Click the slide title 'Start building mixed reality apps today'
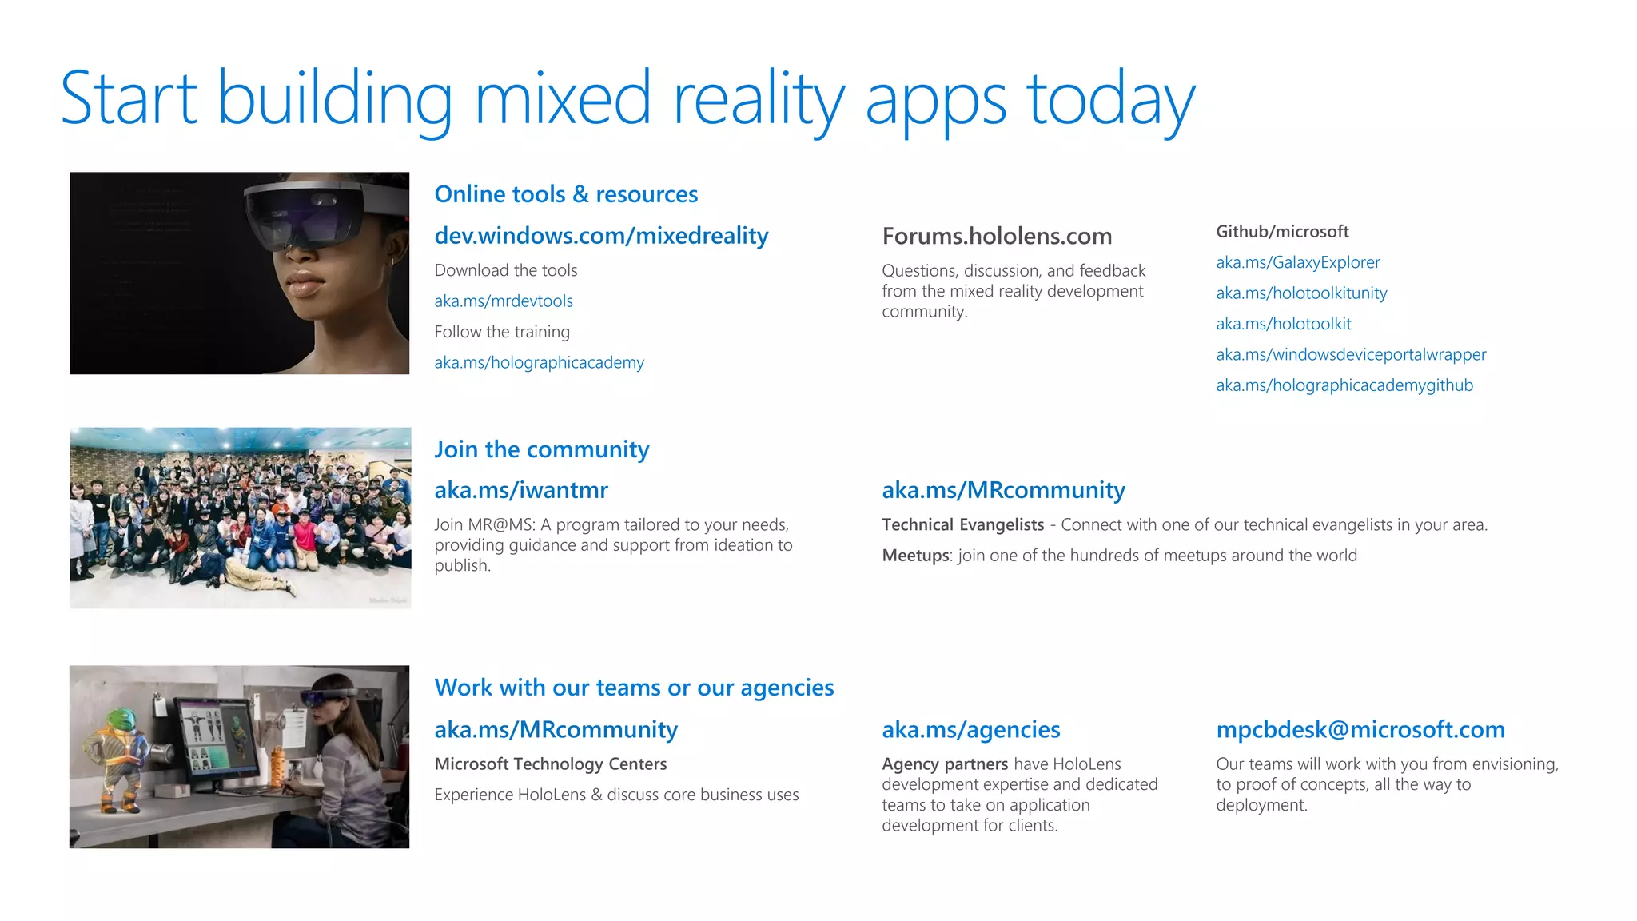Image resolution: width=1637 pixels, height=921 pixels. click(x=627, y=99)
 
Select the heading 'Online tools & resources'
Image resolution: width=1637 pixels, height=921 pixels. click(x=566, y=194)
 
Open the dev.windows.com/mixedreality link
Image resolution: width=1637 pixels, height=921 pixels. click(x=601, y=236)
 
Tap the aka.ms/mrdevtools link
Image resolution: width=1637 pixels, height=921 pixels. click(x=504, y=301)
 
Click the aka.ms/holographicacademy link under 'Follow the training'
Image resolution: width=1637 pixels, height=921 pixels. click(x=539, y=363)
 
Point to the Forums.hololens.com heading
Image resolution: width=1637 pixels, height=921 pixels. click(x=997, y=237)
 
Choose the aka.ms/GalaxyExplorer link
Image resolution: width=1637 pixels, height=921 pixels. click(x=1297, y=263)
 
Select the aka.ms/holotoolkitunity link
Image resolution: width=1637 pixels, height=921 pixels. click(x=1301, y=293)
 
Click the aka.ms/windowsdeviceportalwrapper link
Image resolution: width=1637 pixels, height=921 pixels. click(x=1351, y=355)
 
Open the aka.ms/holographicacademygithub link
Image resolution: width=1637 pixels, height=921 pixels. click(x=1344, y=385)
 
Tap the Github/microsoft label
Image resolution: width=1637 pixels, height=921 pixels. click(x=1282, y=232)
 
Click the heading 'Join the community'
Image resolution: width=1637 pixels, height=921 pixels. click(x=541, y=449)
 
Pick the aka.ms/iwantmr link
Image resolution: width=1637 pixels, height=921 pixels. click(x=521, y=490)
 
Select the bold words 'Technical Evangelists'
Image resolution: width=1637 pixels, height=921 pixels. click(x=962, y=525)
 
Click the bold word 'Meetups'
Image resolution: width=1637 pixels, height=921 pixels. click(x=915, y=556)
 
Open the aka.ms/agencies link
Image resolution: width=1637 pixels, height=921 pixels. click(x=970, y=730)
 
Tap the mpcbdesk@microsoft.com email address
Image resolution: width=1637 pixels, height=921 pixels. click(x=1360, y=730)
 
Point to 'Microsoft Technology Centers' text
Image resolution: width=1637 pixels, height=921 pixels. click(x=550, y=764)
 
